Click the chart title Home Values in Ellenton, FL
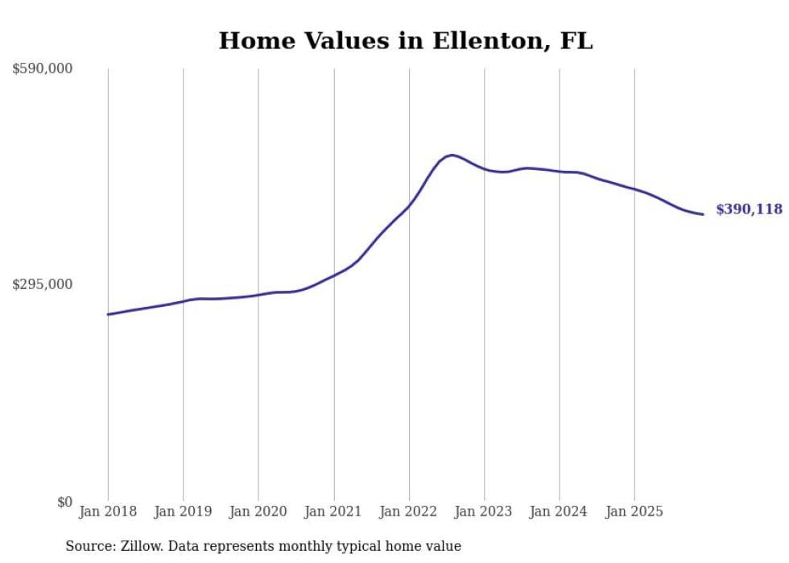click(x=406, y=41)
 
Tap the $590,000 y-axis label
click(x=43, y=69)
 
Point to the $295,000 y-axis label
click(x=43, y=284)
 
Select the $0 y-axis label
click(x=64, y=502)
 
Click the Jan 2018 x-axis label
click(x=108, y=511)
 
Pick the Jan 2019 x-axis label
click(x=183, y=511)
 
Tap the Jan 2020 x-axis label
click(x=258, y=511)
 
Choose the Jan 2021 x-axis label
click(x=333, y=511)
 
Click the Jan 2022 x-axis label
click(x=409, y=511)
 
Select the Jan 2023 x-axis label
click(x=484, y=511)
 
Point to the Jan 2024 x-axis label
click(x=560, y=511)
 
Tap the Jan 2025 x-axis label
click(x=634, y=511)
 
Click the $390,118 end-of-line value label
click(x=749, y=209)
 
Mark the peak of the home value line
click(x=452, y=155)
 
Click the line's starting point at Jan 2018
click(x=108, y=314)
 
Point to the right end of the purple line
click(x=703, y=214)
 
